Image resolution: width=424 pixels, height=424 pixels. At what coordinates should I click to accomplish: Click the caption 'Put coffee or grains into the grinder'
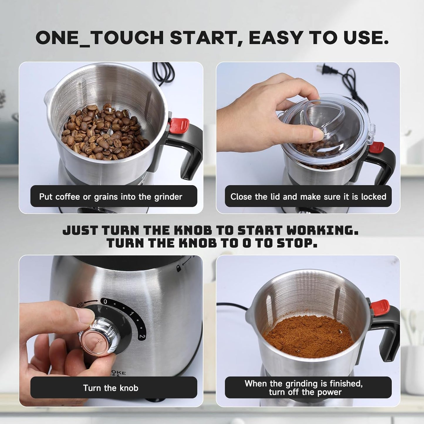tap(111, 197)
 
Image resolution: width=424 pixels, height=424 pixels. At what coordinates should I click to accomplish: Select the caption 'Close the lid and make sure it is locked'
tap(308, 197)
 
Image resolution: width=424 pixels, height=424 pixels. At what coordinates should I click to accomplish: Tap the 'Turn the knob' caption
tap(111, 388)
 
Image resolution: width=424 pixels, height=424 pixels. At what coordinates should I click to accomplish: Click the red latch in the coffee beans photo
tap(179, 124)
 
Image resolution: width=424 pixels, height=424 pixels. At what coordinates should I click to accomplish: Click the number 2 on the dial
tap(142, 336)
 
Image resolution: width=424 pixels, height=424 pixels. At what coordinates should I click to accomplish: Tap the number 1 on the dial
tap(132, 315)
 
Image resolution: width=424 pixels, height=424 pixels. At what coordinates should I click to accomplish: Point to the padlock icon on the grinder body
tap(178, 268)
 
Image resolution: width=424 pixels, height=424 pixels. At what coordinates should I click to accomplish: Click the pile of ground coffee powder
tap(308, 335)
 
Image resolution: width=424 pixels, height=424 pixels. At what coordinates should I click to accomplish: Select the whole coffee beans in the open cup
tap(104, 132)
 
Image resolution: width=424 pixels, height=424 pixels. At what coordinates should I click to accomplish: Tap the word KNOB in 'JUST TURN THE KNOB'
tap(193, 231)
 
